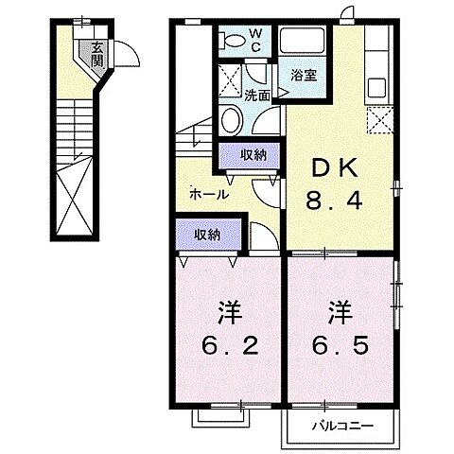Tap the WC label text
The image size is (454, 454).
coord(256,41)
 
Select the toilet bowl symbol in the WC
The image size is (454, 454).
coord(233,41)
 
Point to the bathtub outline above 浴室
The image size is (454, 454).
coord(304,43)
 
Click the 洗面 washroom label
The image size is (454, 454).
coord(258,95)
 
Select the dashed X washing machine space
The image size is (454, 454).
coord(230,79)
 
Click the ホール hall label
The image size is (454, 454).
coord(208,193)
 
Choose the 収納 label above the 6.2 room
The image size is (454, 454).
coord(208,234)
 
